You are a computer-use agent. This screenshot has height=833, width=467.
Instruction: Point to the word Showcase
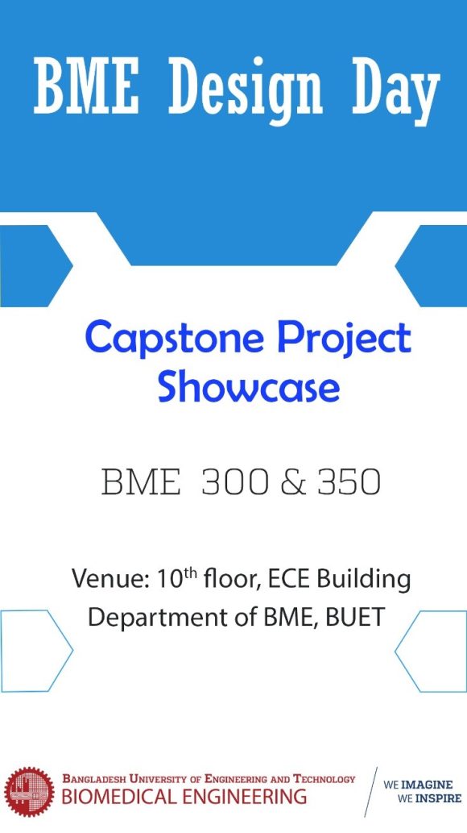tap(248, 387)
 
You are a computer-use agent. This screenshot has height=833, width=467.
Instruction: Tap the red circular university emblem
tap(28, 791)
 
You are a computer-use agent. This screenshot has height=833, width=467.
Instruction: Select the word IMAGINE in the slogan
tap(428, 784)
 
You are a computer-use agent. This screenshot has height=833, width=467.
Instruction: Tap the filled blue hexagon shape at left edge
tap(32, 265)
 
